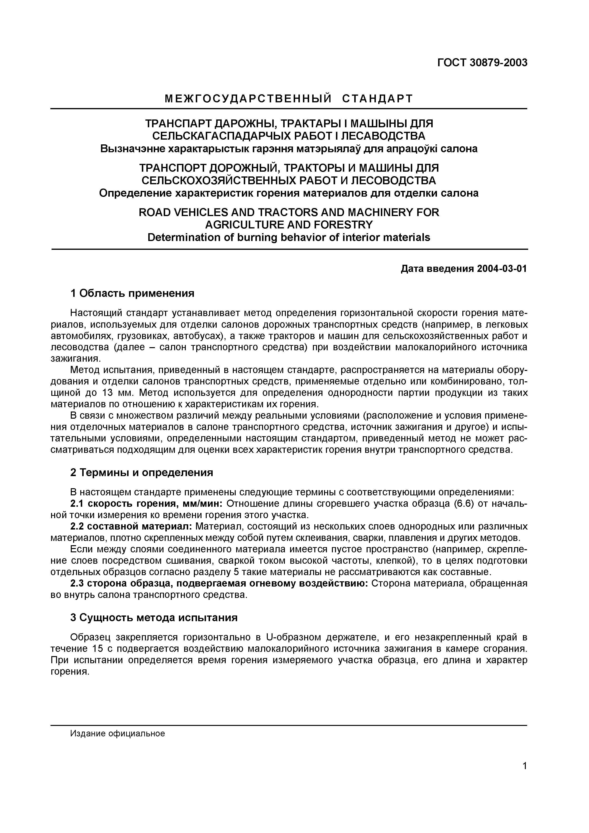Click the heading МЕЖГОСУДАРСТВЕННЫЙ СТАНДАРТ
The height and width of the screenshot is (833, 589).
(x=289, y=99)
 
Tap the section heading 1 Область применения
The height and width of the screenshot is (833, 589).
(x=132, y=293)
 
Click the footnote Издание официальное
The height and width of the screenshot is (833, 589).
(x=118, y=734)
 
